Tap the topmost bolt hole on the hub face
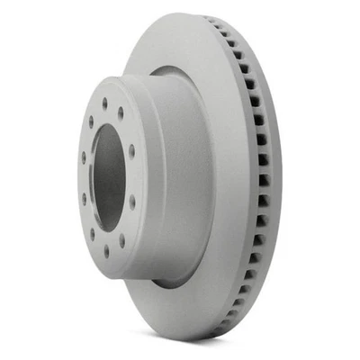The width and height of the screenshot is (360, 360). [104, 103]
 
